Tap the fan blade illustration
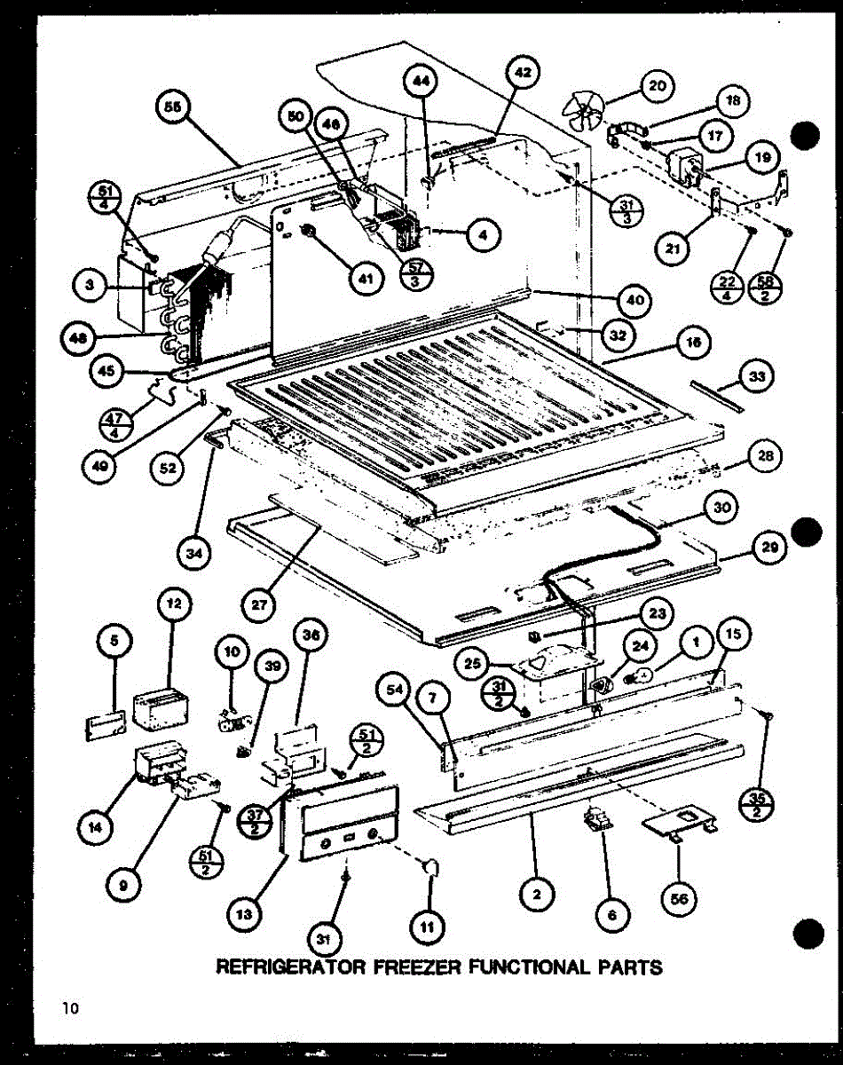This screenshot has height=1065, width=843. point(582,114)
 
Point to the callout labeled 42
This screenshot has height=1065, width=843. point(523,75)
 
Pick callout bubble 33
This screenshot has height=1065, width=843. point(756,376)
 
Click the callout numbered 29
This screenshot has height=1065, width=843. point(768,548)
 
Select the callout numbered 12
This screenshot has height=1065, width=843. point(174,604)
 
